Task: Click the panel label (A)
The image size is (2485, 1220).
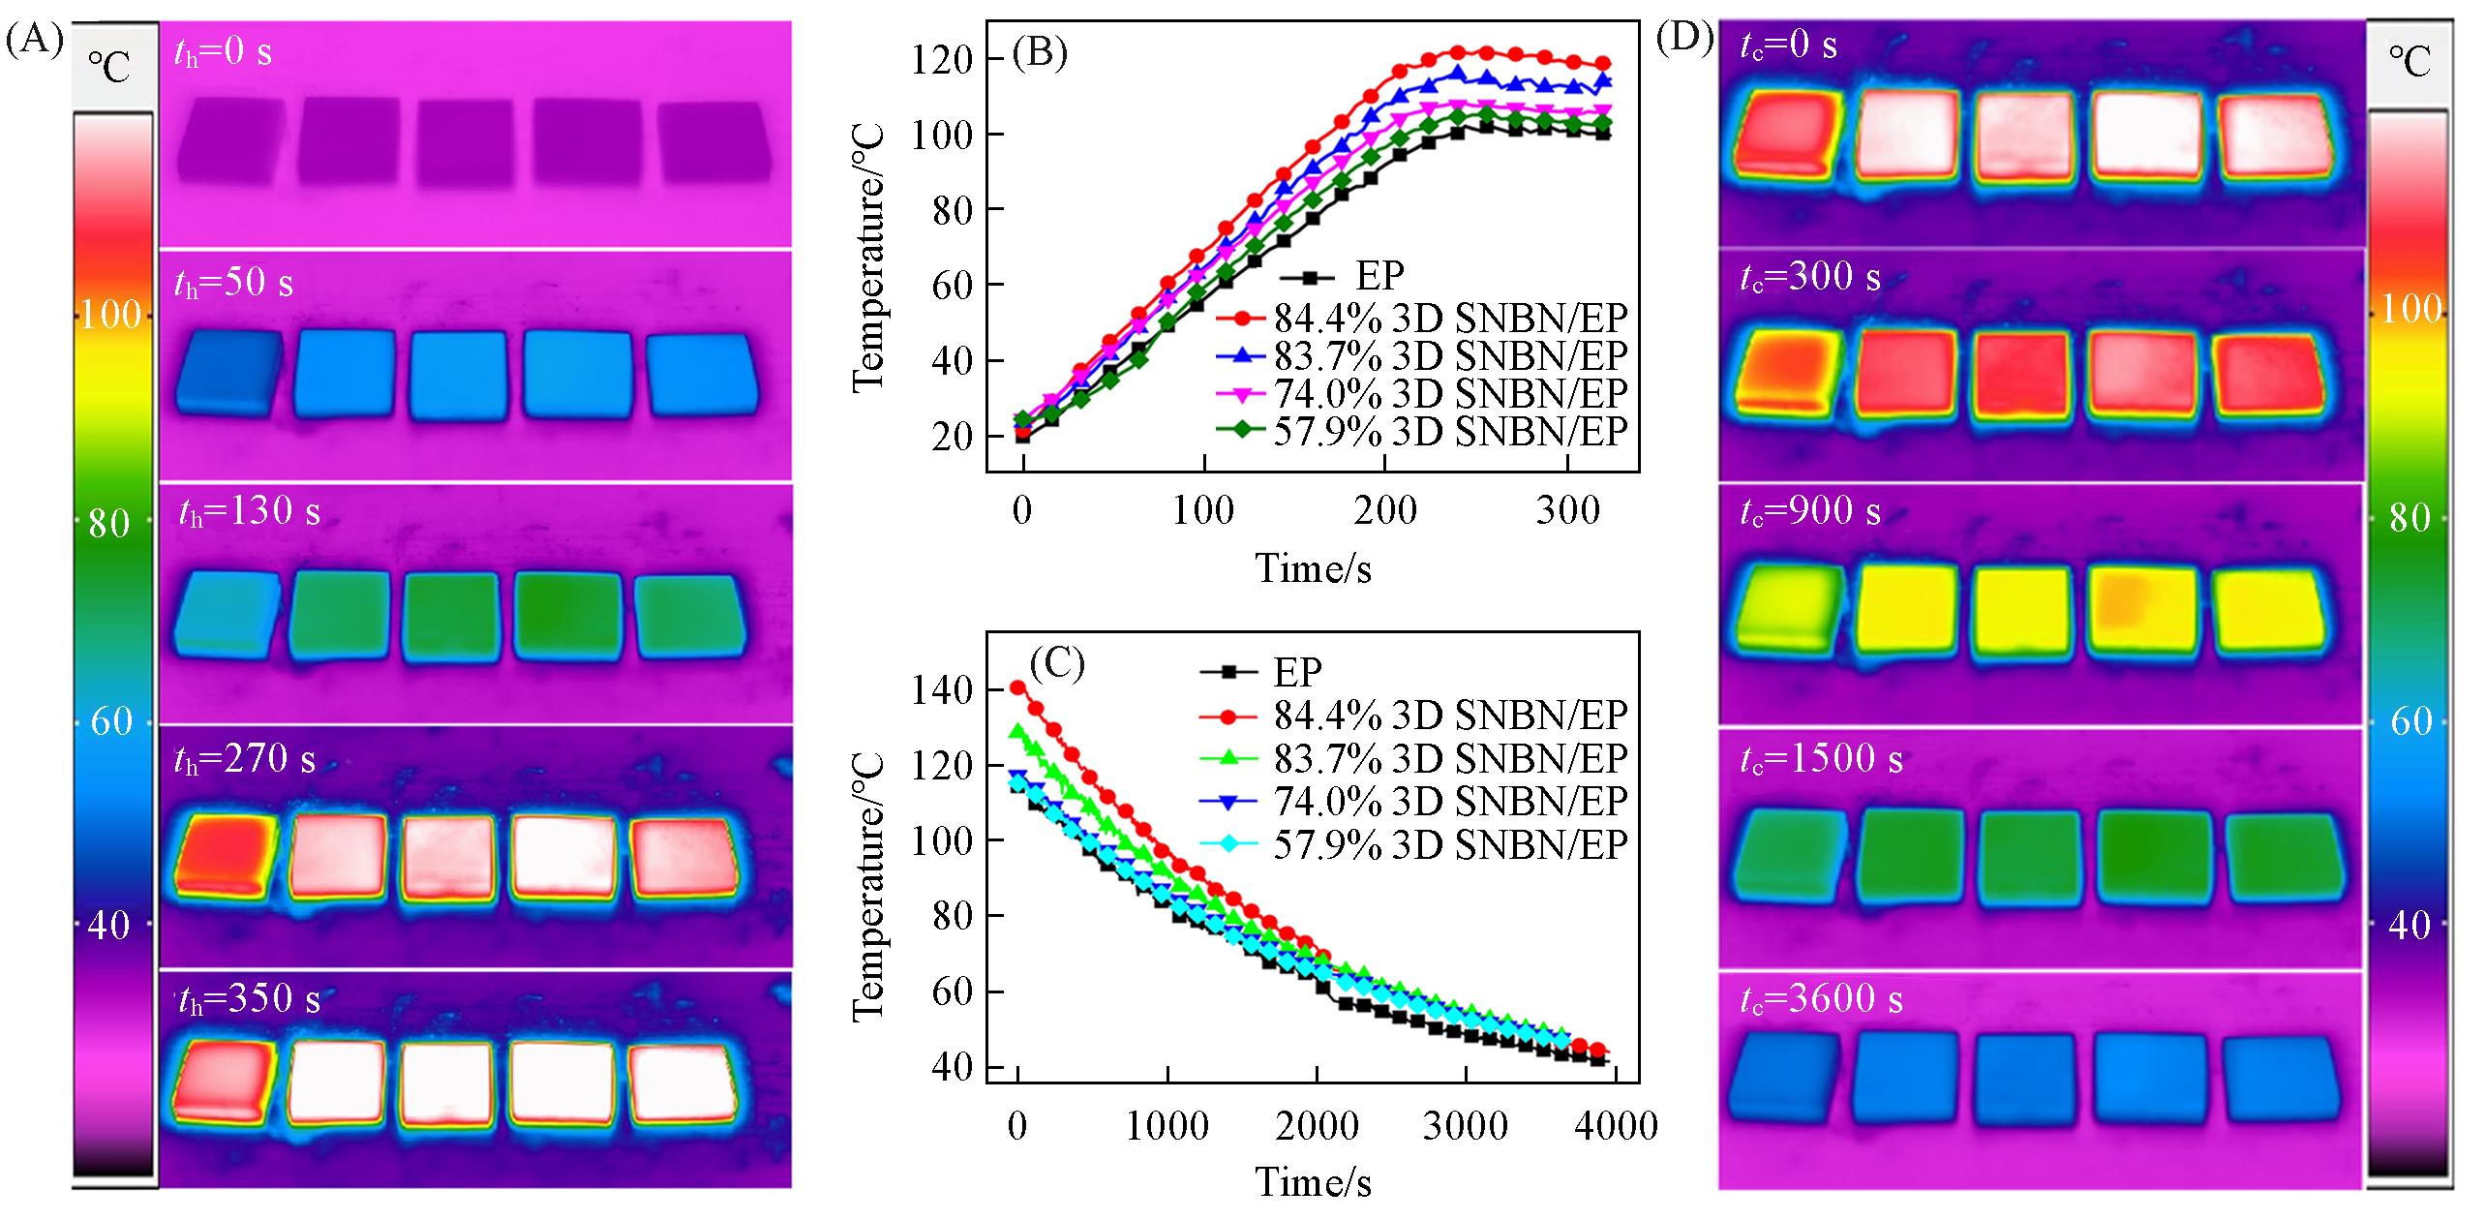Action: pos(34,42)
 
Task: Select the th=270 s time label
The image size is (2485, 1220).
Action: pos(246,758)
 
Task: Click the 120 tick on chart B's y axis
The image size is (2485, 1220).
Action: pos(943,60)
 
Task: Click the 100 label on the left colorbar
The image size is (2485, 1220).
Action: pos(110,316)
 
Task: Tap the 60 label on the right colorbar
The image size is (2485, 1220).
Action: pos(2409,721)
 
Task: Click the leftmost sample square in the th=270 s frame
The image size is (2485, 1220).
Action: pos(221,853)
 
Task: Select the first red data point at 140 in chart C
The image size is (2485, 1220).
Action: pos(1017,687)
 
